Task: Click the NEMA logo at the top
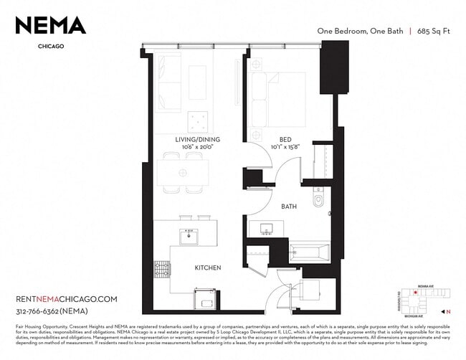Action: coord(51,26)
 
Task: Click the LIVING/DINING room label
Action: coord(198,139)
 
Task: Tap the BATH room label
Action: coord(289,207)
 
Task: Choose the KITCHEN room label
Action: coord(208,267)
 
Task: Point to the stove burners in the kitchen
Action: coord(161,269)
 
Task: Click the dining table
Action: coord(184,172)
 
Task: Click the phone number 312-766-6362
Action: coord(47,311)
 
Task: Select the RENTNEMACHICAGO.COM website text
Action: coord(66,298)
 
